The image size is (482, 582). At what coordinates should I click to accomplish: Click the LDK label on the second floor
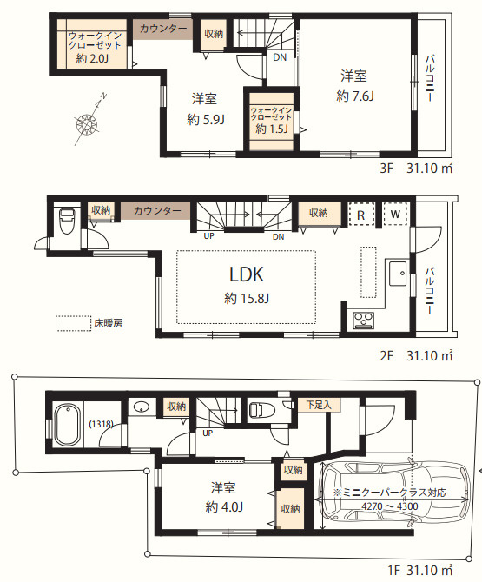tap(247, 274)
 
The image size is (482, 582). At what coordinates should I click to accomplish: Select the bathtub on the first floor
tap(68, 426)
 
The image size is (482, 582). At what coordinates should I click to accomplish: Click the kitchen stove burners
tap(364, 320)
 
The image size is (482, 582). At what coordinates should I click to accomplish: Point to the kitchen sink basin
tap(398, 274)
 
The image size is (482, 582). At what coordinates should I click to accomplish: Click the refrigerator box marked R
tap(360, 215)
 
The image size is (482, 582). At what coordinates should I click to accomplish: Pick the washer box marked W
tap(395, 214)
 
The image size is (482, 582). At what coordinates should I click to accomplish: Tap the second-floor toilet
tap(67, 222)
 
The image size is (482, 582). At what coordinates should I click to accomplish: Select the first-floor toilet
tap(261, 410)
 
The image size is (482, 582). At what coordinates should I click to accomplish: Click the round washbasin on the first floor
tap(141, 407)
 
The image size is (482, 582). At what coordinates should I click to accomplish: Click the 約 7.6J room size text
tap(354, 96)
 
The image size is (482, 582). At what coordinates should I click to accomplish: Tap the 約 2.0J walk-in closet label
tap(92, 58)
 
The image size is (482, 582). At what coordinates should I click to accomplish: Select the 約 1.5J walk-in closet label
tap(272, 129)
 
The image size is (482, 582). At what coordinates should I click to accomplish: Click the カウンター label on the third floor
tap(163, 29)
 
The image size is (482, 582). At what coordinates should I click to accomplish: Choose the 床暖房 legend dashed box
tap(74, 323)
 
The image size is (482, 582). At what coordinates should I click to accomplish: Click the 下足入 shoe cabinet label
tap(319, 404)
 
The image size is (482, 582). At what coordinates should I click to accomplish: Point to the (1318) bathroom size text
tap(101, 424)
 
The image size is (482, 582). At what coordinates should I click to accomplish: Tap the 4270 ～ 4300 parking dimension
tap(390, 506)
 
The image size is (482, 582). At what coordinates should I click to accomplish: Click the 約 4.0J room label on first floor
tap(224, 506)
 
